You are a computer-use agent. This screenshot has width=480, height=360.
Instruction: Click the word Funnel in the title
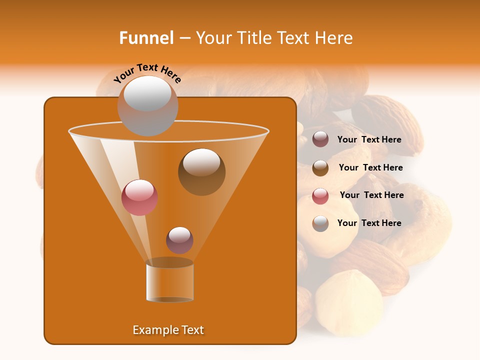coord(146,38)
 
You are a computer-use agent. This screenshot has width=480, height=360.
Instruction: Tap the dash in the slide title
coord(184,38)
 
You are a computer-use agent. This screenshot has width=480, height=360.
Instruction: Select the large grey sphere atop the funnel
coord(147,105)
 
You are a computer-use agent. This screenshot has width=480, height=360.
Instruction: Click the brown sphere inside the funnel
coord(201,172)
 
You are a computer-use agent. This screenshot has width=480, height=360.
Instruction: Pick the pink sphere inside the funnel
coord(140,197)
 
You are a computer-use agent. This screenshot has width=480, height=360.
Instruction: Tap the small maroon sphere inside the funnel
coord(179,240)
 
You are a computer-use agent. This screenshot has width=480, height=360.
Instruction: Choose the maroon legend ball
coord(320,139)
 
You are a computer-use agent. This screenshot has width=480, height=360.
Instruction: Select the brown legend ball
coord(320,168)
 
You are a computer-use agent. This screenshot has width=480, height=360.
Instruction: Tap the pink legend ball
coord(320,196)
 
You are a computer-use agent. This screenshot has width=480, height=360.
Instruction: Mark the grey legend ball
coord(320,223)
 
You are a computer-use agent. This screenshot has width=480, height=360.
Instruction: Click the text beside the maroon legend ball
coord(369,140)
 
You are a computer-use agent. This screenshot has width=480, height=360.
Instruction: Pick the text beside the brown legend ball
coord(370,168)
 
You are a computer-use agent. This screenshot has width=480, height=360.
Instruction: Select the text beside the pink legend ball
coord(371,195)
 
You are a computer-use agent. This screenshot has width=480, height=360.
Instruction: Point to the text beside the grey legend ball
coord(369,223)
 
